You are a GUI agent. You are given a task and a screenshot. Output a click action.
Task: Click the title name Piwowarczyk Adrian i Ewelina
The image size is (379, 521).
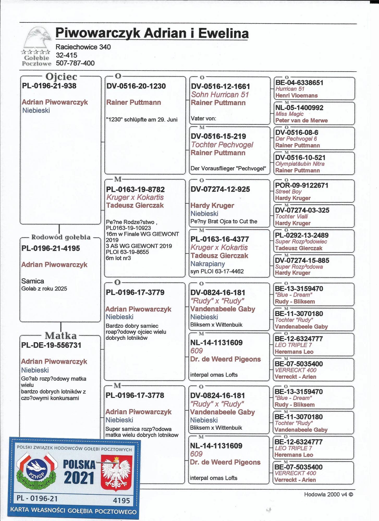[x=152, y=33]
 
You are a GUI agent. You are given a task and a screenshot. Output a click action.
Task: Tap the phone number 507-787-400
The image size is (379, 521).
[x=75, y=63]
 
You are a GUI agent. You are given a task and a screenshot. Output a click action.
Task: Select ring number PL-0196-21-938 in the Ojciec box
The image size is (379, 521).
[x=49, y=86]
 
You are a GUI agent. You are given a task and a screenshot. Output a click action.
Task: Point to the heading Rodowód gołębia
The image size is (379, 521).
[x=61, y=237]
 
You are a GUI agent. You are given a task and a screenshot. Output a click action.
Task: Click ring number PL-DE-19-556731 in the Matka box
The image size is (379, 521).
[x=51, y=345]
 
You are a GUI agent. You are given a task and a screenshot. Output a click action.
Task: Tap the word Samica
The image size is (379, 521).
[x=33, y=281]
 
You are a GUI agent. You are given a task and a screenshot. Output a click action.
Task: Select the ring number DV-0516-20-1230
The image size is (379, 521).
[x=136, y=86]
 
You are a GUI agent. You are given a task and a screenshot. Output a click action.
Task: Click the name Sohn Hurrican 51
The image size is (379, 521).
[x=220, y=95]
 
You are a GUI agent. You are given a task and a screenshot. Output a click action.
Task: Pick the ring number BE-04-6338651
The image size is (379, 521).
[x=299, y=83]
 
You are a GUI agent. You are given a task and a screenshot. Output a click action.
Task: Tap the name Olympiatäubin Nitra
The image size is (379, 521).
[x=300, y=164]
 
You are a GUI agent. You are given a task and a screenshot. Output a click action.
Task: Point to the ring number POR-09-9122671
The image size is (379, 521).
[x=302, y=185]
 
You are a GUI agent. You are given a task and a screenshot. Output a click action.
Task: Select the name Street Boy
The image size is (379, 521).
[x=288, y=191]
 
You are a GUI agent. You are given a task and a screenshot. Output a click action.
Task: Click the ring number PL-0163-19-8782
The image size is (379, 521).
[x=135, y=189]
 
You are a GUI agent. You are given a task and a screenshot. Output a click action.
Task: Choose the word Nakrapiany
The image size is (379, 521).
[x=207, y=264]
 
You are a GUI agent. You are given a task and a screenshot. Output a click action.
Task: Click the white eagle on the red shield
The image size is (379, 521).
[x=116, y=472]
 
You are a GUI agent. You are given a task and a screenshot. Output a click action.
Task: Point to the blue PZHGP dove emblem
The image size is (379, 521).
[x=37, y=470]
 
